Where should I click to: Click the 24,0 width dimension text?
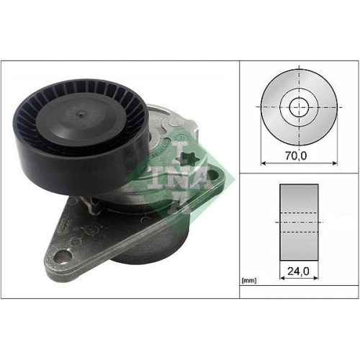[x=299, y=273]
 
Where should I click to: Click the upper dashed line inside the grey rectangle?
[x=299, y=213]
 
